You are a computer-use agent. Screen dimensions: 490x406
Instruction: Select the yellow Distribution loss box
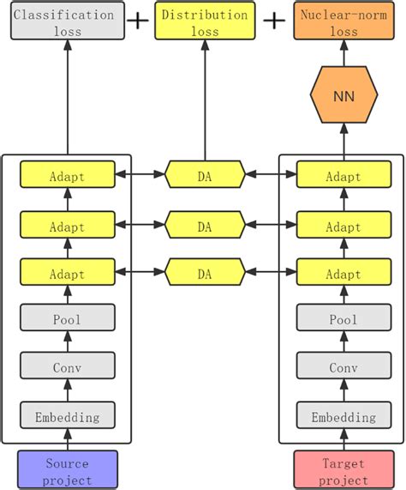pos(205,22)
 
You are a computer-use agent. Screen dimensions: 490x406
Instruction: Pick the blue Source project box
pos(67,469)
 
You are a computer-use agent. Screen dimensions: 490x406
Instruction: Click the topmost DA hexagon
pos(205,177)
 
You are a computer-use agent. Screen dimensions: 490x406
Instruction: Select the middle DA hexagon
pos(205,226)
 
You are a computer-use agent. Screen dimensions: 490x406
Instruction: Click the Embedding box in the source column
pos(67,417)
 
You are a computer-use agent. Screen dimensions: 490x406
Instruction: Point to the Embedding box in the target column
pos(343,417)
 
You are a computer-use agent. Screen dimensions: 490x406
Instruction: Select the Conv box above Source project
pos(67,368)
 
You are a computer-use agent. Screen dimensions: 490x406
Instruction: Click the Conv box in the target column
pos(343,368)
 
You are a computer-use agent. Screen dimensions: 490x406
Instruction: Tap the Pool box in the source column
pos(67,319)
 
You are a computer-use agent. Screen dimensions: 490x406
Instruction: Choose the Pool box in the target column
pos(343,319)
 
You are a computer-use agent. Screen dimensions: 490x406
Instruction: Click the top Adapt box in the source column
pos(67,177)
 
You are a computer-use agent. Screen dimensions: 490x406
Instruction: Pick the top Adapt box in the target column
pos(343,177)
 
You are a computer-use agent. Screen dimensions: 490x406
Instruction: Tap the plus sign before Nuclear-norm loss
pos(272,21)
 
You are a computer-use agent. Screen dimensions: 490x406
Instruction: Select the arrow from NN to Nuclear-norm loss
pos(343,55)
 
